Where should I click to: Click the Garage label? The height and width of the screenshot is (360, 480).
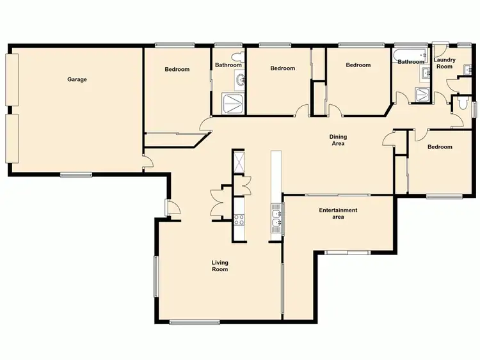(x=77, y=80)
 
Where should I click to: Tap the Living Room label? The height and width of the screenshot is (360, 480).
(x=220, y=266)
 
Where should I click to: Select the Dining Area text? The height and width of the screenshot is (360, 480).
(x=338, y=140)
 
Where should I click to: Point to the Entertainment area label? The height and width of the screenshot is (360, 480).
(x=338, y=214)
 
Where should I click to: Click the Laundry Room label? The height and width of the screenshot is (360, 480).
(x=445, y=63)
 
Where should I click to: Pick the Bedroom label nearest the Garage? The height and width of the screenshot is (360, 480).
(x=177, y=69)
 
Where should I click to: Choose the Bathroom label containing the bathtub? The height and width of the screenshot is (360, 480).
(x=410, y=62)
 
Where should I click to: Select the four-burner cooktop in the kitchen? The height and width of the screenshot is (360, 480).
(x=239, y=219)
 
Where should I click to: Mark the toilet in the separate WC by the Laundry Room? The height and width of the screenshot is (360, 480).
(x=461, y=103)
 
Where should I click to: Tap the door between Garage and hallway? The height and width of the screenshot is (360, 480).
(x=147, y=161)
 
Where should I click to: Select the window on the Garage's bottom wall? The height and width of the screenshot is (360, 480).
(x=76, y=175)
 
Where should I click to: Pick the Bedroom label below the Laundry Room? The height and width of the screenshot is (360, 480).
(x=440, y=147)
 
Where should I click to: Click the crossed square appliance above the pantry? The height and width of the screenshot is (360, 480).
(x=238, y=160)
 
